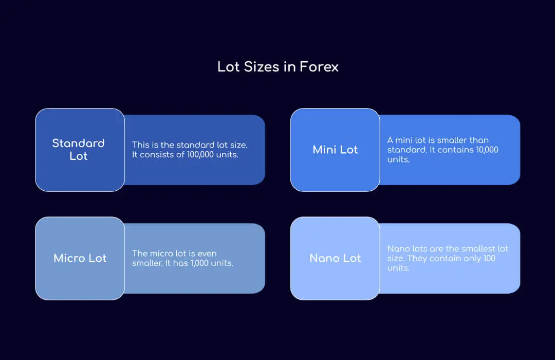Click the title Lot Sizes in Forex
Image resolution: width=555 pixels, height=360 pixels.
click(277, 67)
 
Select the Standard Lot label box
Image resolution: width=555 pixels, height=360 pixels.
click(80, 150)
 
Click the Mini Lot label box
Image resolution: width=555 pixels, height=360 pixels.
click(335, 150)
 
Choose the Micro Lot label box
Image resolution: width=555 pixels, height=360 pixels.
click(80, 258)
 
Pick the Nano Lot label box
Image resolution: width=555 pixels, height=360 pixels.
click(335, 258)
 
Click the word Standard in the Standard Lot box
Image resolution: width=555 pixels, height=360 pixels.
click(78, 143)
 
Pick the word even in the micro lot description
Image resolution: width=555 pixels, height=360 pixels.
click(207, 254)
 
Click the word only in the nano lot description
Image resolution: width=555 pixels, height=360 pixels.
click(471, 258)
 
